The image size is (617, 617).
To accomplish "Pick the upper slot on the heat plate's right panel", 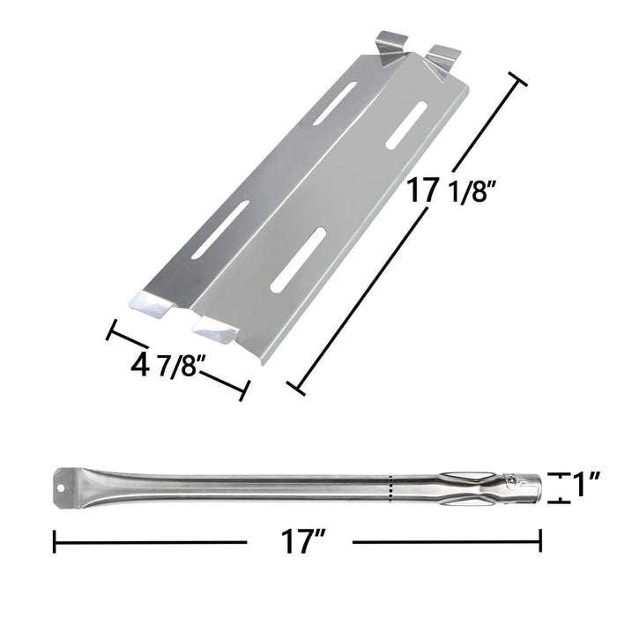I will (405, 123).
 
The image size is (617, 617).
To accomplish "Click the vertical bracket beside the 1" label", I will (555, 487).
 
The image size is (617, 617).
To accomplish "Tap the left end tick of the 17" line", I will (55, 539).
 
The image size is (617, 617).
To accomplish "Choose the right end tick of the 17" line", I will (539, 539).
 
